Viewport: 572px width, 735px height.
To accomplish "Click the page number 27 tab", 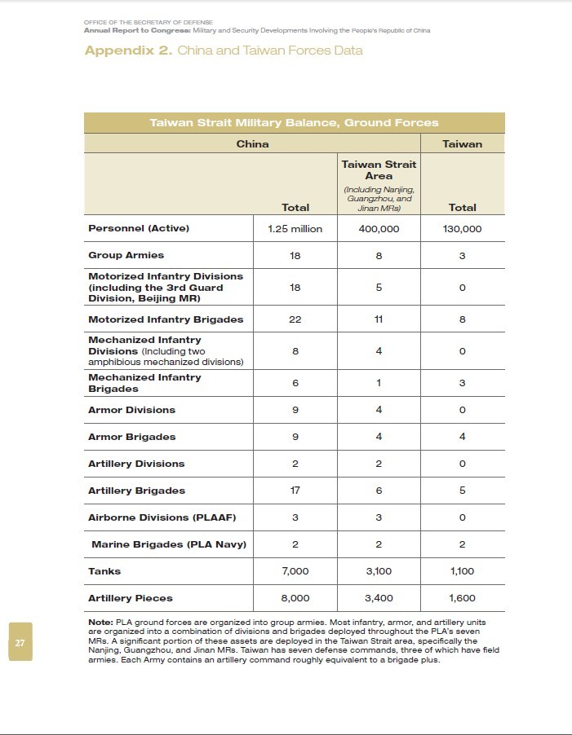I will point(20,642).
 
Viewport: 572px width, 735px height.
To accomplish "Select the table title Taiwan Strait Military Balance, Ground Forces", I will point(294,123).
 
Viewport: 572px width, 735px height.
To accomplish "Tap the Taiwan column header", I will point(462,144).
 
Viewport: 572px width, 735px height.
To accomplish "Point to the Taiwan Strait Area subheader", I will point(379,169).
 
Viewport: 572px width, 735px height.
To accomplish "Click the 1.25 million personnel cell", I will point(295,229).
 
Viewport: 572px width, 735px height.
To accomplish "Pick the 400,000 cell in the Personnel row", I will point(379,229).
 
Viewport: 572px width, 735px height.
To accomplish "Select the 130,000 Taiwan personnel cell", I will point(462,229).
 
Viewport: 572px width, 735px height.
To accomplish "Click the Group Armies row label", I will point(126,256).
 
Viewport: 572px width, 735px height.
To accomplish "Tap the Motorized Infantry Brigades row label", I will point(166,319).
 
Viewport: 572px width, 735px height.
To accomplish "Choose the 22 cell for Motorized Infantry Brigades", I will point(295,319).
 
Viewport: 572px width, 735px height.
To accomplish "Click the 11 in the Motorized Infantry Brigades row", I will point(379,319).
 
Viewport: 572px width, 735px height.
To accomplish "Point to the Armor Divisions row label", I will point(131,410).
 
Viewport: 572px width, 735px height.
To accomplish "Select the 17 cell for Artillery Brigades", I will point(295,491).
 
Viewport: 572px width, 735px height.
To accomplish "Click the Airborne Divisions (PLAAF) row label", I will point(149,517).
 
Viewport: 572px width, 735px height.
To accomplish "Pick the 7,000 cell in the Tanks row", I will point(295,571).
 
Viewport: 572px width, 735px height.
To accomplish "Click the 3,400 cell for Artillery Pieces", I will point(379,598).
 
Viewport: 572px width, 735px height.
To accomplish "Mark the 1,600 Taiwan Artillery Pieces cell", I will point(462,598).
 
